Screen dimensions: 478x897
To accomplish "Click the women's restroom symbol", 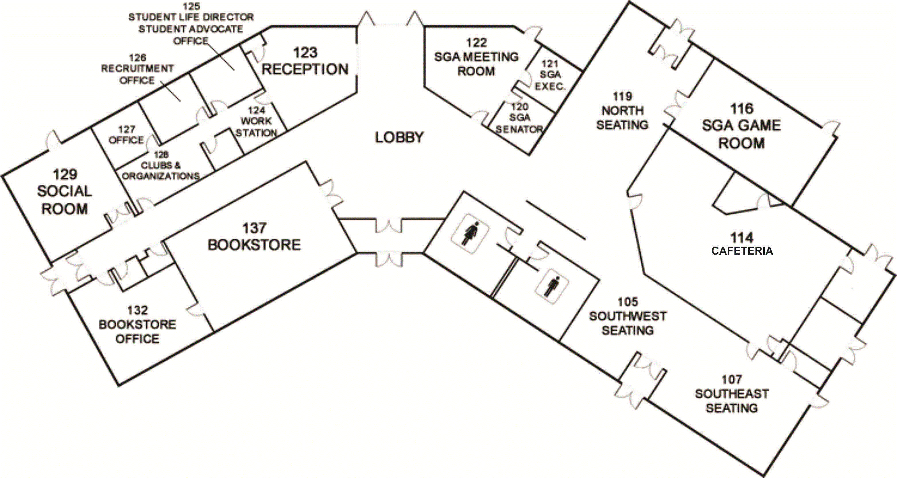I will point(470,234).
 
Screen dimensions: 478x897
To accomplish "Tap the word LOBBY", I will point(399,137).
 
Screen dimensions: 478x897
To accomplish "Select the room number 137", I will point(254,228).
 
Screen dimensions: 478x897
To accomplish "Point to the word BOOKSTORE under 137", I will point(254,245).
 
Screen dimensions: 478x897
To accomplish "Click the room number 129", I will point(65,174).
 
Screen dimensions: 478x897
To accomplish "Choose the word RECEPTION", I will point(305,69).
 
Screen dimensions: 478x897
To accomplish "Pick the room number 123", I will point(305,53).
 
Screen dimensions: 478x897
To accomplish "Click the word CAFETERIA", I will point(742,251).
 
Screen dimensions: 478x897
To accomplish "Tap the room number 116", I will point(742,109).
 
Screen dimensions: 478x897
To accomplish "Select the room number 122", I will point(476,43).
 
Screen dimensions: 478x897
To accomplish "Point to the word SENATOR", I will point(519,129).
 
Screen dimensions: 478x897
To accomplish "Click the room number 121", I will point(550,64).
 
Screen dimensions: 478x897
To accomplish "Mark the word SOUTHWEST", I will point(628,316).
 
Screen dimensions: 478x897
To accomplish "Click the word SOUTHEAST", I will point(732,394).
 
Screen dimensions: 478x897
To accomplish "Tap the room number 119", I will point(622,96).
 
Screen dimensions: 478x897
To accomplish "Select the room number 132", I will point(137,310).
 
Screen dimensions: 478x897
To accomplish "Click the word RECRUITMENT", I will point(137,69).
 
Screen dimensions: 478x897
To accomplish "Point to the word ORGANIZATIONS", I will point(161,176).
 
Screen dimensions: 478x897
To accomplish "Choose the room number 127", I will point(126,129).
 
